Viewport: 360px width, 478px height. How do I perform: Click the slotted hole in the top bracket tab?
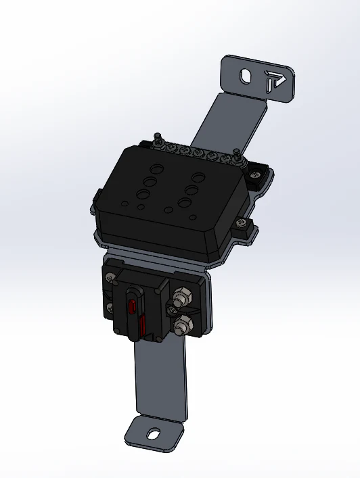247,76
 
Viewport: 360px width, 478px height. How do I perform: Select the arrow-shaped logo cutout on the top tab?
274,80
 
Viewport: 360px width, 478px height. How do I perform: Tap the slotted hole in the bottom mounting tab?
154,434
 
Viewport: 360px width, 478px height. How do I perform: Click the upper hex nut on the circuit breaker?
181,297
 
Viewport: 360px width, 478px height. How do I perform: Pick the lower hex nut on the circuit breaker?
181,327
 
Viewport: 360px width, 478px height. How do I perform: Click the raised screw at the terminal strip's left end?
157,139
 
